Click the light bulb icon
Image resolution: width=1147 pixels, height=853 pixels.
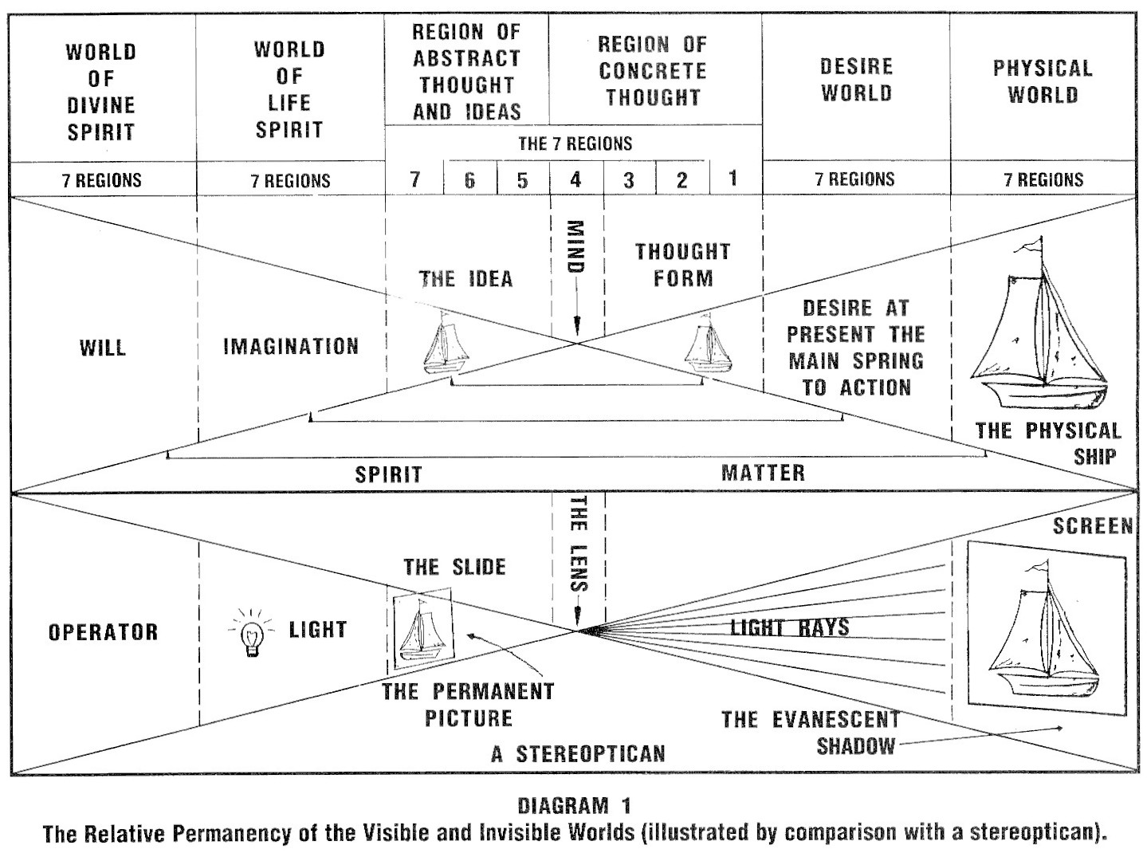click(x=253, y=634)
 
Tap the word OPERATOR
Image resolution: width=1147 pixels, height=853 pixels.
click(x=104, y=632)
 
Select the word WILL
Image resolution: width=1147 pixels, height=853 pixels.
click(x=103, y=348)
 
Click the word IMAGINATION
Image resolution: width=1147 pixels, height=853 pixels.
click(x=291, y=347)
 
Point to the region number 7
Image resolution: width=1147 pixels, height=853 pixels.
click(x=414, y=179)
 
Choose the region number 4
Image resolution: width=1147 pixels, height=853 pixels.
click(x=575, y=179)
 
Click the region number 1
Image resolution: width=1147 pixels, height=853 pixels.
click(x=733, y=178)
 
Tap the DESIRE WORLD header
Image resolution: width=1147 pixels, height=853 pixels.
click(x=857, y=80)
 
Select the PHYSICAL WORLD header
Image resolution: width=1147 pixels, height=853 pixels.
click(x=1043, y=81)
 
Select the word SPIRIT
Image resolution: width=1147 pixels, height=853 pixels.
click(x=388, y=474)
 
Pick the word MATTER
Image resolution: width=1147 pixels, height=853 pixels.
click(x=763, y=473)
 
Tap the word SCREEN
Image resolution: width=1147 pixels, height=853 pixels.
click(x=1092, y=526)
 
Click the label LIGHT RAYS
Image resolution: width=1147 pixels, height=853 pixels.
click(x=790, y=627)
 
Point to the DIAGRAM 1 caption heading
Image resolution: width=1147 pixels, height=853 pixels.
click(x=574, y=805)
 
